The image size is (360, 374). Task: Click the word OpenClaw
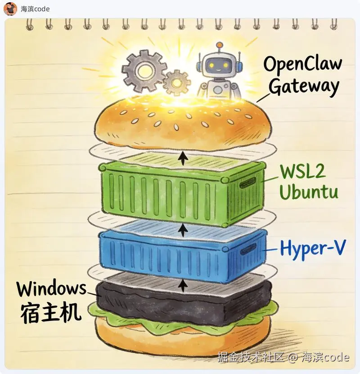click(x=302, y=65)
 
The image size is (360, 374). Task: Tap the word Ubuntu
click(x=308, y=192)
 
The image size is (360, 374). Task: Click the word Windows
click(x=51, y=288)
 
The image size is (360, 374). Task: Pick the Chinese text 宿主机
click(x=51, y=312)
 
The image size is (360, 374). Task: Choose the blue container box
click(x=180, y=255)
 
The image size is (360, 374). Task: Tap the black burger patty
click(x=180, y=300)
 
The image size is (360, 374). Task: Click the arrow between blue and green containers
click(x=183, y=230)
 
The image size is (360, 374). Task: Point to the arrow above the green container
click(x=183, y=158)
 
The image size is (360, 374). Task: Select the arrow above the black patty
click(x=183, y=284)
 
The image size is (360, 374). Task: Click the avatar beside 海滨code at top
click(x=10, y=9)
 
